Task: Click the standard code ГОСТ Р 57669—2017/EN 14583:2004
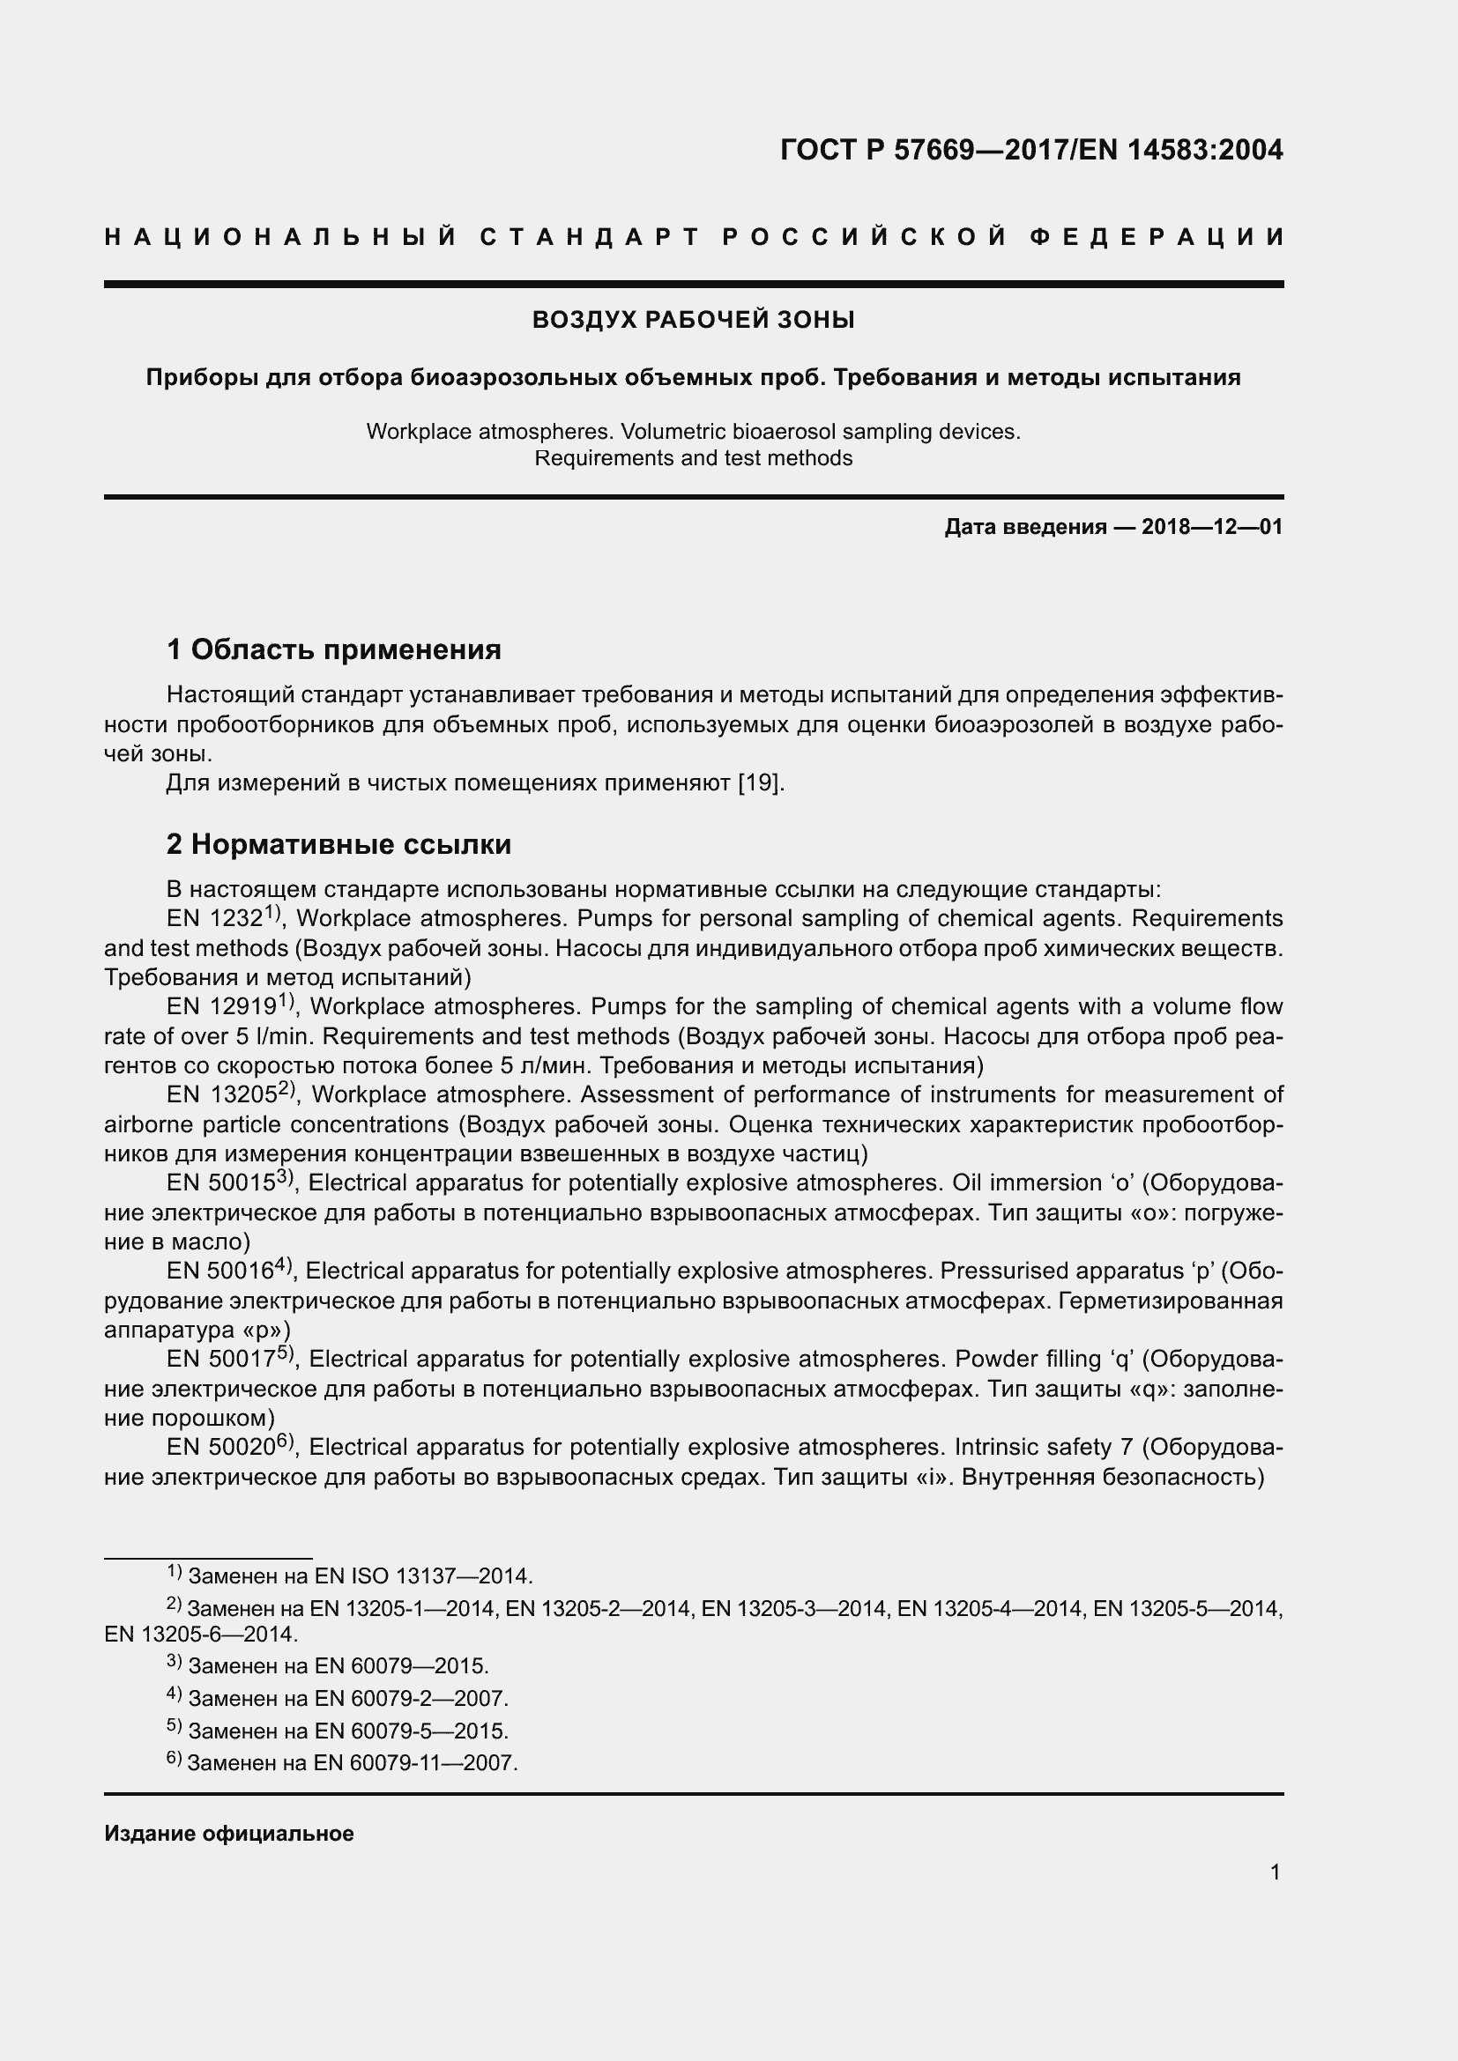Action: [x=1031, y=150]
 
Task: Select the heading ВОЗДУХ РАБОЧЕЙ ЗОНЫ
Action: [x=693, y=320]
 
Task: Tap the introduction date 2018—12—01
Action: [x=1212, y=527]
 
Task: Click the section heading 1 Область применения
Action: [x=334, y=649]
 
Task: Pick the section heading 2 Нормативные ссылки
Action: [x=339, y=844]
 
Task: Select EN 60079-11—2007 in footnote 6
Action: [x=416, y=1763]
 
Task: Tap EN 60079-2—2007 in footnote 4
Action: [x=411, y=1698]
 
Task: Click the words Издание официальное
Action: [x=229, y=1833]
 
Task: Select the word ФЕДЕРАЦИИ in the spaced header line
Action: [x=1157, y=237]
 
